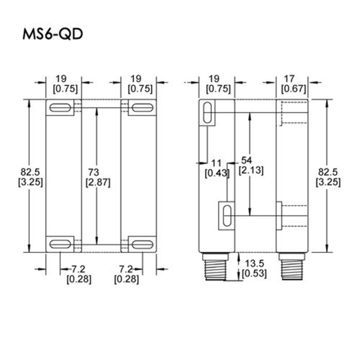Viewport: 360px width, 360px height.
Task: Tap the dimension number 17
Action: (289, 79)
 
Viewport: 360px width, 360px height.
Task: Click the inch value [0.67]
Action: (294, 88)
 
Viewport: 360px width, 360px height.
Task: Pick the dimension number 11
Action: (217, 164)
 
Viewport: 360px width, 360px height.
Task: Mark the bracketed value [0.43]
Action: (217, 173)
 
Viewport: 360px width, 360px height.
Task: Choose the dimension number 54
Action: (246, 161)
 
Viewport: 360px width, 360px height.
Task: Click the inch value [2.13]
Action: (251, 171)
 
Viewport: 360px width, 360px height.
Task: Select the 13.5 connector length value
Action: (253, 264)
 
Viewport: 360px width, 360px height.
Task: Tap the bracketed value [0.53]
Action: (254, 274)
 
